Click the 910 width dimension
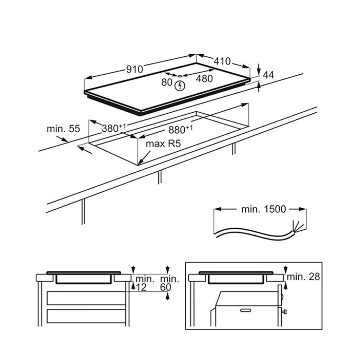(x=135, y=69)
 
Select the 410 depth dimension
(x=222, y=61)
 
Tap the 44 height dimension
(x=268, y=75)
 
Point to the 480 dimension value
(x=204, y=79)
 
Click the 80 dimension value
(x=167, y=82)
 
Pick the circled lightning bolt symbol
(x=180, y=86)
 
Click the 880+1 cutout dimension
(x=180, y=130)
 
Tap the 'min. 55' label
(x=63, y=129)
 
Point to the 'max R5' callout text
(x=163, y=144)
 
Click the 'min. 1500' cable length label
(x=264, y=209)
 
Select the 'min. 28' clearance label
(x=303, y=277)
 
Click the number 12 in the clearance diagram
(x=141, y=287)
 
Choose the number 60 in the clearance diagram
(x=166, y=287)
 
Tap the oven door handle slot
(x=245, y=311)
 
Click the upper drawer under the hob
(x=87, y=298)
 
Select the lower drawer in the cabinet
(x=87, y=316)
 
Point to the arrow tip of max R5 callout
(x=138, y=165)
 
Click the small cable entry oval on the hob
(x=180, y=76)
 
